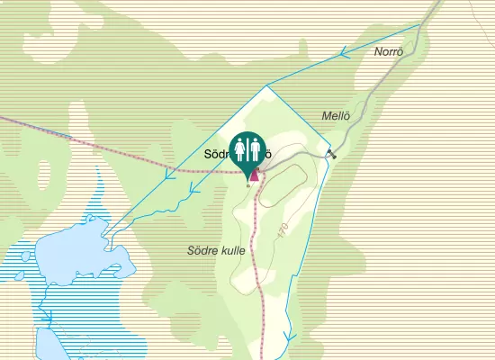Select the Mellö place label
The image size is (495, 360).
point(335,115)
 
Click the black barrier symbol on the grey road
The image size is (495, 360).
point(332,154)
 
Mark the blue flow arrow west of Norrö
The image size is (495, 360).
point(344,56)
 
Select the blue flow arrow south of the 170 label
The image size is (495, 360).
point(289,338)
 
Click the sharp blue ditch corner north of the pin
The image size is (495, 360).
point(267,86)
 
